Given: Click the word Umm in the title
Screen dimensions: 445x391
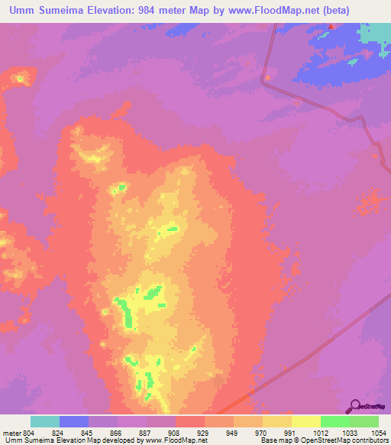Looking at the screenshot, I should point(24,10).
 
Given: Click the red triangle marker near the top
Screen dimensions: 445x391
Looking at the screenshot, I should point(331,27).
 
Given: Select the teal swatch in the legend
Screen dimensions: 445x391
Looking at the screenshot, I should point(44,421).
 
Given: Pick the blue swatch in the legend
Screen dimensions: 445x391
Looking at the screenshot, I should point(74,421).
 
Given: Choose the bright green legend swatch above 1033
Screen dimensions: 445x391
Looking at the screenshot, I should point(335,421).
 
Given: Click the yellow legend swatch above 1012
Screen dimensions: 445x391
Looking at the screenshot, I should point(306,421).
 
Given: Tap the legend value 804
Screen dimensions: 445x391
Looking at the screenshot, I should point(29,432).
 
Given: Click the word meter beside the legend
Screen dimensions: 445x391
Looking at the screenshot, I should point(12,432).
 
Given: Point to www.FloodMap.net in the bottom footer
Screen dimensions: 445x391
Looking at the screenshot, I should point(175,440).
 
